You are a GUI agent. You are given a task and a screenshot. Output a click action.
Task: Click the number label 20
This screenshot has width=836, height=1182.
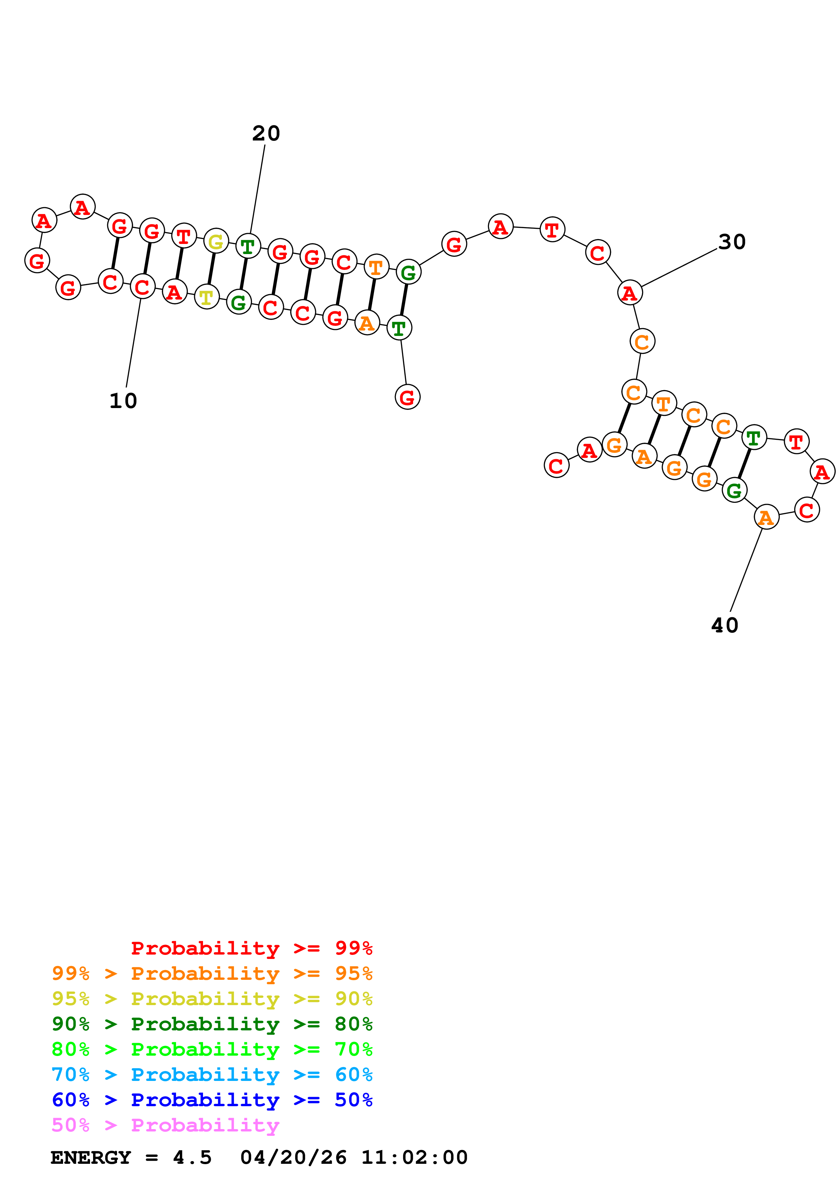click(266, 133)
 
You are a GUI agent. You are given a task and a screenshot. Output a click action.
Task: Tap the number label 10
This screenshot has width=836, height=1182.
click(123, 401)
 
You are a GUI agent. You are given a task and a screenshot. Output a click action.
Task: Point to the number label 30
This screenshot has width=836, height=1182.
click(731, 242)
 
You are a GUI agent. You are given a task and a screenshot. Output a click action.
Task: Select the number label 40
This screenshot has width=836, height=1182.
click(724, 625)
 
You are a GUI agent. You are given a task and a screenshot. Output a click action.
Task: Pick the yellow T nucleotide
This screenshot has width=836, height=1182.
click(206, 297)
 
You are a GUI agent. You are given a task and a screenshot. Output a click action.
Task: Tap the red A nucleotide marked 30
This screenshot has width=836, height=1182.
click(630, 293)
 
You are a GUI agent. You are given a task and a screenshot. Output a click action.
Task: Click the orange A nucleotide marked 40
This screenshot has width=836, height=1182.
click(766, 517)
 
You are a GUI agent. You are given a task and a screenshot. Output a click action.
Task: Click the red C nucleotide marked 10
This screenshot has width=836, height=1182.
click(143, 287)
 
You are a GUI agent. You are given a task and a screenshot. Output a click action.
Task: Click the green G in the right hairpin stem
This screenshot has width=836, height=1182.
click(734, 490)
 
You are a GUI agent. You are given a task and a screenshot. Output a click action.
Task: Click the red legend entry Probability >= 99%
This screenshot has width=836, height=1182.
click(251, 948)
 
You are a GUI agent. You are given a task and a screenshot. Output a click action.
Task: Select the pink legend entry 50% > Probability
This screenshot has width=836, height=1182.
click(165, 1125)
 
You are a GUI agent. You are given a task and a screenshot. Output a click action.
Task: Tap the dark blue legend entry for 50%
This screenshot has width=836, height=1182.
click(212, 1100)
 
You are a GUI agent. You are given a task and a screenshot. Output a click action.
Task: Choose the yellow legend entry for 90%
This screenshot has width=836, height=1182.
click(212, 999)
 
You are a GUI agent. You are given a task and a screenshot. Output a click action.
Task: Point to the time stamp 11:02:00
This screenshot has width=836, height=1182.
click(414, 1157)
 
